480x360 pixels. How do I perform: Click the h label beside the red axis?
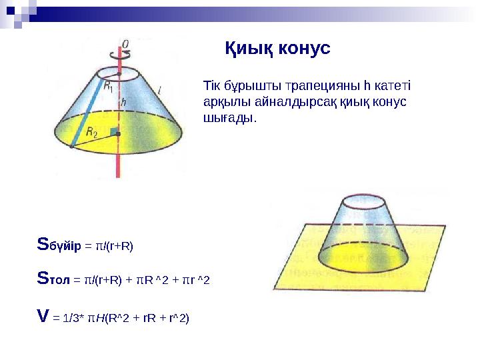[124, 103]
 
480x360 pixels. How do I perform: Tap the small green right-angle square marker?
[113, 132]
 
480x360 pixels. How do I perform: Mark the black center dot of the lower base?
[119, 135]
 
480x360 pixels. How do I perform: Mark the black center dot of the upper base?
[119, 75]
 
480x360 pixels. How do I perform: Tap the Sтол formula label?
[55, 279]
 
